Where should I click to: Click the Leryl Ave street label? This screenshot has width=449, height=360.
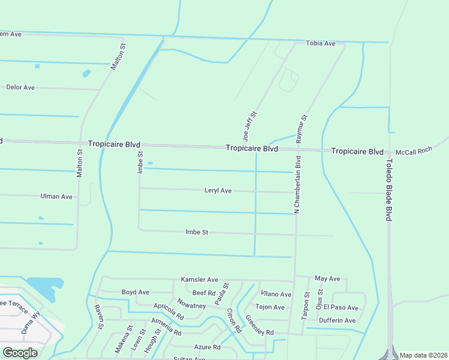point(218,191)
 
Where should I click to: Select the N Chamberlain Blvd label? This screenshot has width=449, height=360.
point(297,184)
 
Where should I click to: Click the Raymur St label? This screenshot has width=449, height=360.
point(302,128)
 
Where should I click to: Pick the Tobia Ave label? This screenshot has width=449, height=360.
point(321,44)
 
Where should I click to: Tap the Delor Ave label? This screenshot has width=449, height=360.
point(20,88)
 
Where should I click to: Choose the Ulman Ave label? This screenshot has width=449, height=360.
point(56,196)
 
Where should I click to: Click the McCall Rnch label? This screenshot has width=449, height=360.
point(414,152)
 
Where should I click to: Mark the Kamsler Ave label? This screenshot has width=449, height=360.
point(200,280)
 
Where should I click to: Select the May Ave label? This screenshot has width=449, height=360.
point(327,279)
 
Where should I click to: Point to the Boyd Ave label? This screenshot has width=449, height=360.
point(135,292)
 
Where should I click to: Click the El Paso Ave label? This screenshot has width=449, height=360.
point(340,308)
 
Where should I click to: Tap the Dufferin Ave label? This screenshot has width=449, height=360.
point(337,320)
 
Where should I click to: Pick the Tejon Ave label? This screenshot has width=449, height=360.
point(270,307)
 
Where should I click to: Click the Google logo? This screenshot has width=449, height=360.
point(20,353)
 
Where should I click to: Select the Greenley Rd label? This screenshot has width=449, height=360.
point(259,326)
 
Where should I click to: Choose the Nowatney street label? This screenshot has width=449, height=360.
point(191,306)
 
